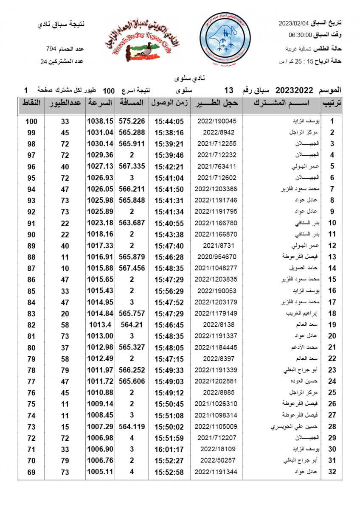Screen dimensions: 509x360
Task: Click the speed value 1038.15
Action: coord(100,121)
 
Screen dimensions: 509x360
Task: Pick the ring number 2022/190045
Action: coord(217,121)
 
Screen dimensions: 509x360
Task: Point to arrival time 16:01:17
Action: coord(169,449)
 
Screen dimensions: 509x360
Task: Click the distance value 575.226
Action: coord(132,121)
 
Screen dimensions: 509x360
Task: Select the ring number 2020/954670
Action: coord(217,257)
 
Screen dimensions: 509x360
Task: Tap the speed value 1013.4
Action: coord(100,324)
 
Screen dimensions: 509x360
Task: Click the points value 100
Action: coord(31,121)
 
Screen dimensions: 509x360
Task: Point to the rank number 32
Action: coord(332,472)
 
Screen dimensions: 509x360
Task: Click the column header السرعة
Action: coord(100,103)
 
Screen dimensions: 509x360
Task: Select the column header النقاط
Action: coord(31,103)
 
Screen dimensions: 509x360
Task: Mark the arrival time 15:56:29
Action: coord(169,291)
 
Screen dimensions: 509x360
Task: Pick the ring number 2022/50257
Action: coord(217,461)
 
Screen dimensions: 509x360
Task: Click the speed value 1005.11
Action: coord(100,472)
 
